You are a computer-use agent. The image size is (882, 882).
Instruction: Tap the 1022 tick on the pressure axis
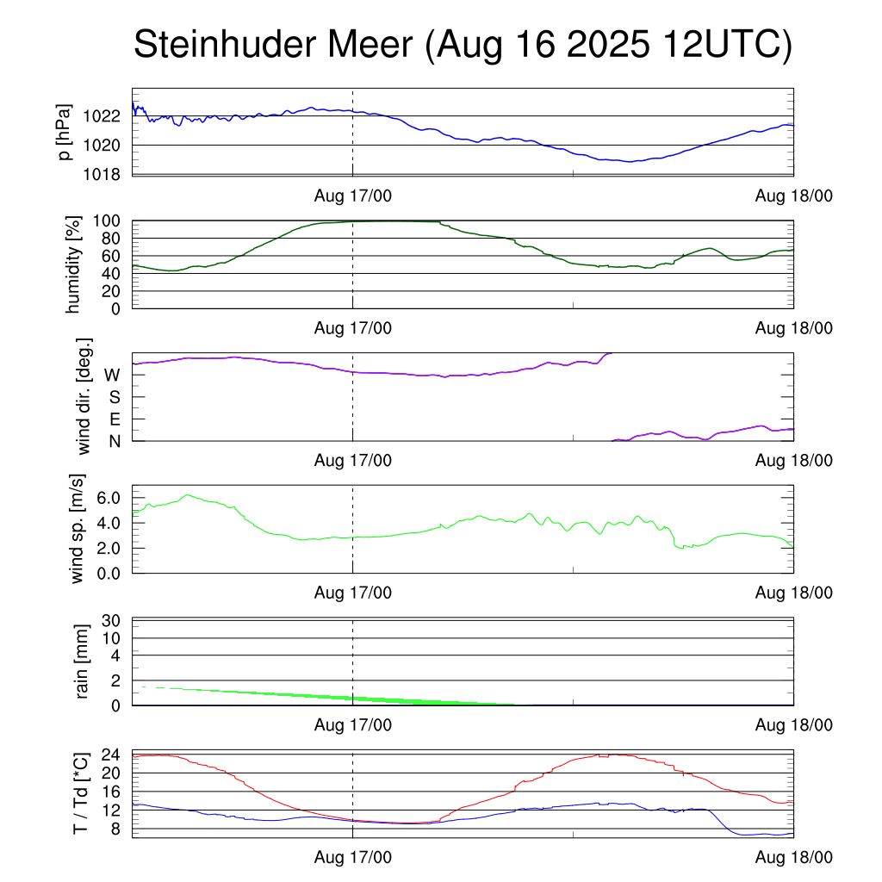tap(108, 116)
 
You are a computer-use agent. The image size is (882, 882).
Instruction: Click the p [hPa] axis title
tap(65, 132)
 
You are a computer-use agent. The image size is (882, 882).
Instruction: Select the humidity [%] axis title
tap(73, 264)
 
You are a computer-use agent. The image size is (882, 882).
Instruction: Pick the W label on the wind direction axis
tap(112, 375)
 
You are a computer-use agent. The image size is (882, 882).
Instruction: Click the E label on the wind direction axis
tap(114, 419)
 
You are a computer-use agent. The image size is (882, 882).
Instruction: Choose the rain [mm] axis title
tap(84, 661)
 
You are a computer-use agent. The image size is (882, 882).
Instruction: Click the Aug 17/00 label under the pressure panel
tap(353, 196)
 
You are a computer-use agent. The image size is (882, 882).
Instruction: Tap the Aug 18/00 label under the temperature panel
tap(793, 858)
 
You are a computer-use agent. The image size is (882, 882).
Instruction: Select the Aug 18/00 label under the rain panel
tap(793, 725)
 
